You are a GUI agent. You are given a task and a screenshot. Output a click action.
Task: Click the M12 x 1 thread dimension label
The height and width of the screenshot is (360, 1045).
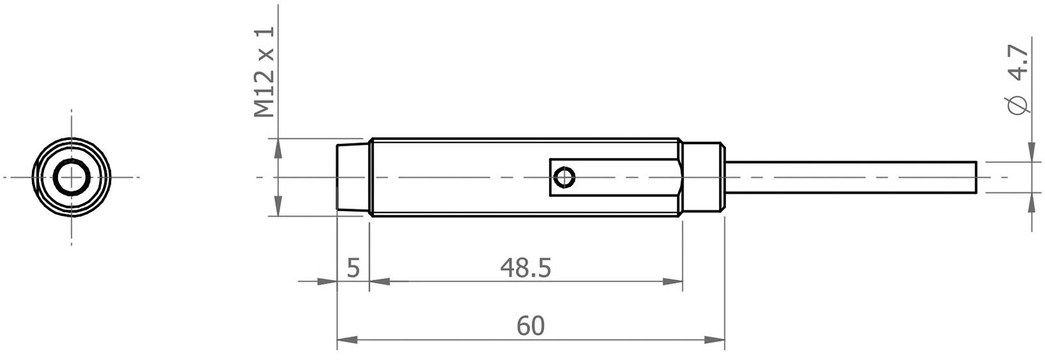tap(263, 72)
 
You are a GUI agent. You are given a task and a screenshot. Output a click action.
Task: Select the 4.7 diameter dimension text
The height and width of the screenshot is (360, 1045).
tap(1018, 63)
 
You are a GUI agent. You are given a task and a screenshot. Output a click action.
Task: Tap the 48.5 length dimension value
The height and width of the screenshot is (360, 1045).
tap(525, 268)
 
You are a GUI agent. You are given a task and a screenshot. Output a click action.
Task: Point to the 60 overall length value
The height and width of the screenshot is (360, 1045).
tap(530, 325)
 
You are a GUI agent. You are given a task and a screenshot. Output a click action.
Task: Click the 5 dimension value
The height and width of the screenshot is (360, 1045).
tap(353, 268)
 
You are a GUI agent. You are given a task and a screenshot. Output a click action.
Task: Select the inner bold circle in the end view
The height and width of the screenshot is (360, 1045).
tap(71, 177)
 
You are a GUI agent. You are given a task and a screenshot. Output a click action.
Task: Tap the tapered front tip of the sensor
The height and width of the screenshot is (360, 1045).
tap(352, 177)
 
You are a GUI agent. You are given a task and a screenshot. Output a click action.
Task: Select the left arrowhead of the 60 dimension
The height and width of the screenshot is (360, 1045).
tap(347, 339)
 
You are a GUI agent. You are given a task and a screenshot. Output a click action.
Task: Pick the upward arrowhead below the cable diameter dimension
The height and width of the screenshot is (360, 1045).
tap(1032, 203)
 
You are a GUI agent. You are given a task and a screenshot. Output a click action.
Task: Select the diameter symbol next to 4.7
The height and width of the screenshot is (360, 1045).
tap(1018, 106)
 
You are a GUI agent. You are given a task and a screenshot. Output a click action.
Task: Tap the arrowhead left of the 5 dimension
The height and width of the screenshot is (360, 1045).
tap(327, 281)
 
